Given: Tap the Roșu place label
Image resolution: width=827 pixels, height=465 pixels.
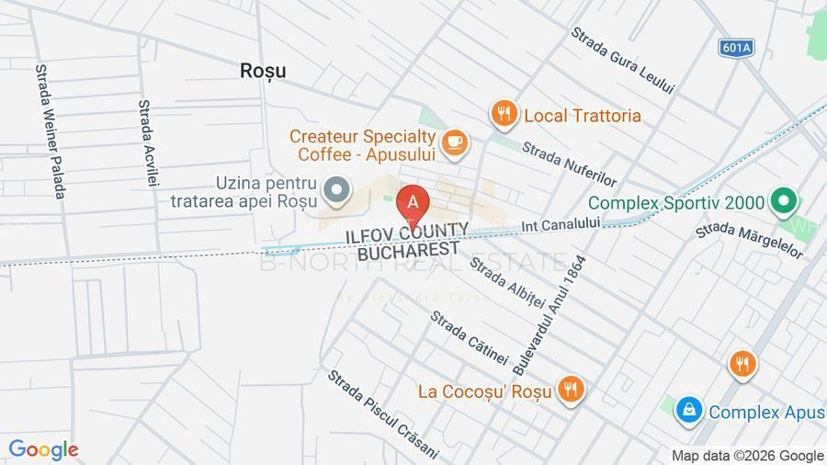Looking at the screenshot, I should pyautogui.click(x=263, y=70).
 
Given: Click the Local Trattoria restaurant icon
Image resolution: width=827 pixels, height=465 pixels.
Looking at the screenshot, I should pyautogui.click(x=503, y=114).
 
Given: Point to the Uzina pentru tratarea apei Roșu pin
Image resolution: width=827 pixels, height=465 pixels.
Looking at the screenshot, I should pyautogui.click(x=338, y=190).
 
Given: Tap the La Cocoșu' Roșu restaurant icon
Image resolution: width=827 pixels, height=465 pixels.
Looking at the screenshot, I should pyautogui.click(x=571, y=390).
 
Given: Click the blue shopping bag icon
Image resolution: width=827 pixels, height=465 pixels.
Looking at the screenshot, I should pyautogui.click(x=688, y=411).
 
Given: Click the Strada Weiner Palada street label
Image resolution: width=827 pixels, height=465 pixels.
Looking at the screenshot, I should pyautogui.click(x=51, y=131).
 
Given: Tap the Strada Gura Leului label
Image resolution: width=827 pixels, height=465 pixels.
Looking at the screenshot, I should pyautogui.click(x=622, y=60).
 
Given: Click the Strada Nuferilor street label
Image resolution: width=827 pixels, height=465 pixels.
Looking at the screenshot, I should pyautogui.click(x=569, y=164).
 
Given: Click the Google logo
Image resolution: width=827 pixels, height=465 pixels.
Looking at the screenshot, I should pyautogui.click(x=42, y=450).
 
